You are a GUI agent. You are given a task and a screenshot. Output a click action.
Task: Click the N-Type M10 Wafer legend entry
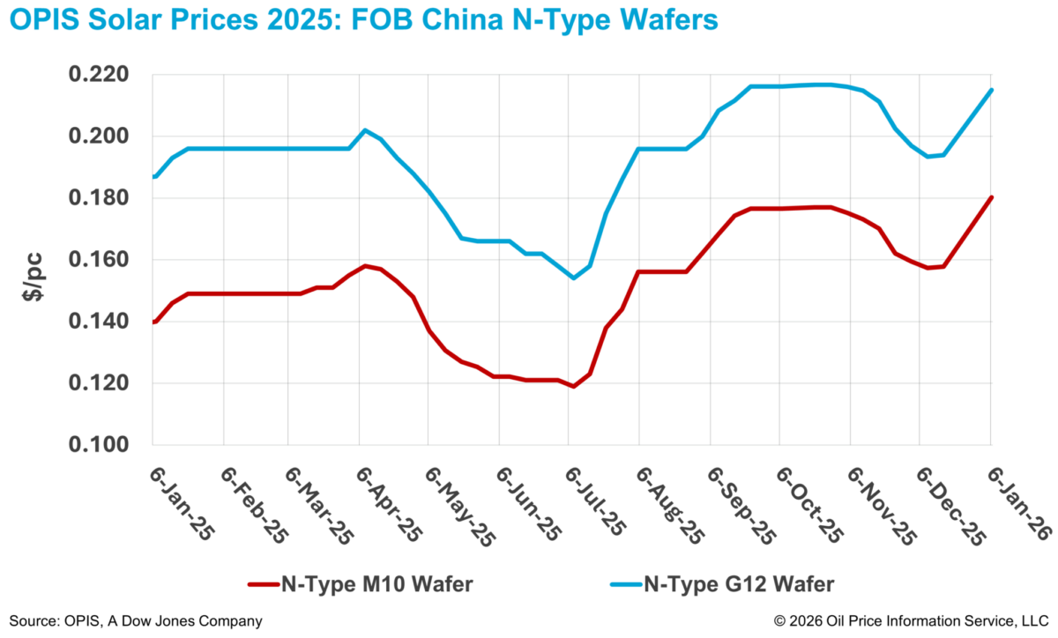pyautogui.click(x=353, y=583)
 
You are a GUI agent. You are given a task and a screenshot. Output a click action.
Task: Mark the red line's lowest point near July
pyautogui.click(x=573, y=386)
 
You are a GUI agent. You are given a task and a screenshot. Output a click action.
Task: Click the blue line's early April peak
pyautogui.click(x=365, y=130)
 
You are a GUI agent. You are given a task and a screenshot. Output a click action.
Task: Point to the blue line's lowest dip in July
pyautogui.click(x=573, y=278)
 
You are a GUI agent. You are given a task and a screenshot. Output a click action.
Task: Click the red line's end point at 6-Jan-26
pyautogui.click(x=992, y=197)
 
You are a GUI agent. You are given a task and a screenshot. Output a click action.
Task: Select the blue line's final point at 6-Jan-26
pyautogui.click(x=992, y=89)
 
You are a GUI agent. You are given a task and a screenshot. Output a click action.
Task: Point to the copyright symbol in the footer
pyautogui.click(x=780, y=621)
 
